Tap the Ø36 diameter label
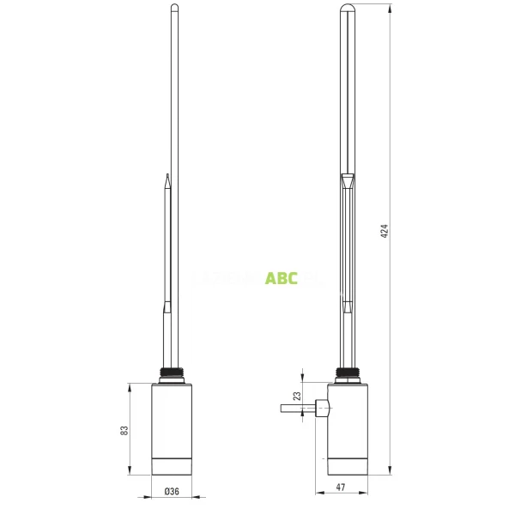tap(172, 491)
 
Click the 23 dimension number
tap(297, 397)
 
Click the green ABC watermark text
tap(281, 278)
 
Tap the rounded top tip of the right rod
tap(347, 9)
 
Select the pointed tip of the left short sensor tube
tap(167, 178)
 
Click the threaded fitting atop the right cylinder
tap(347, 374)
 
